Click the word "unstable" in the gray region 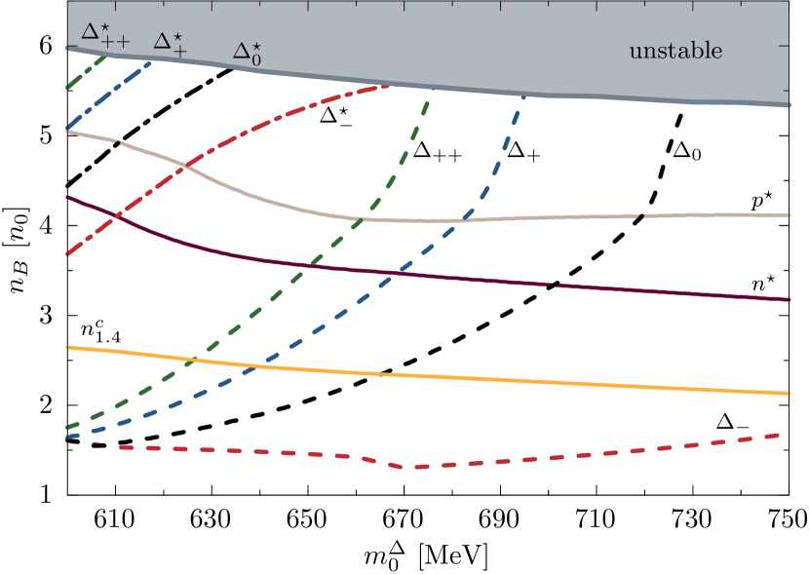pos(675,51)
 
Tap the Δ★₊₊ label pos(104,34)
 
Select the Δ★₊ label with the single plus pos(170,43)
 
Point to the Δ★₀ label pos(247,54)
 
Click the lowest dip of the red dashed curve pos(417,467)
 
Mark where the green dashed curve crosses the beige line pos(364,217)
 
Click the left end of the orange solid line pos(66,346)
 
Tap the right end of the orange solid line pos(788,393)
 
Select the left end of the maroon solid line pos(66,197)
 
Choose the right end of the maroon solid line pos(788,299)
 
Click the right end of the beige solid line pos(788,214)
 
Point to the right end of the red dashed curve pos(781,435)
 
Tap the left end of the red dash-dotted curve pos(66,254)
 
